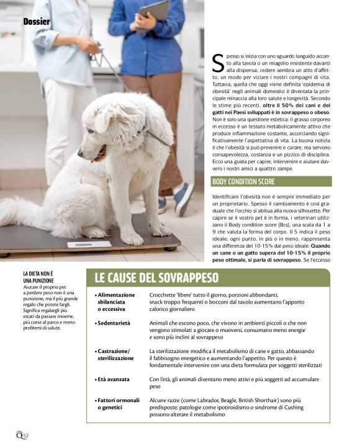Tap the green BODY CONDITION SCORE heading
pos(243,182)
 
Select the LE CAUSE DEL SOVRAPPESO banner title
pos(156,277)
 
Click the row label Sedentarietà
pos(114,323)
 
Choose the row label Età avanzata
pos(114,377)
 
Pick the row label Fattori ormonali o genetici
pos(118,404)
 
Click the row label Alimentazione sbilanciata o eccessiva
pos(115,301)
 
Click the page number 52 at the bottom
pos(26,436)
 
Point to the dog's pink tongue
pos(95,158)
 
